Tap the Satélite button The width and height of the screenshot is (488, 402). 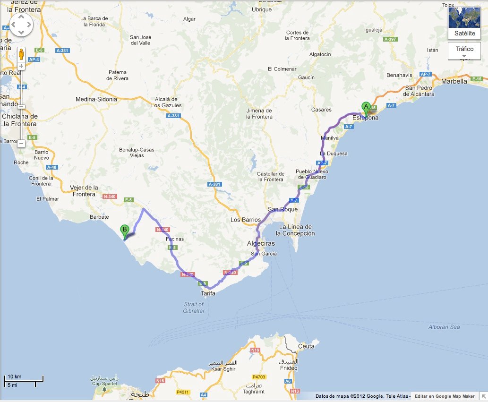pos(464,23)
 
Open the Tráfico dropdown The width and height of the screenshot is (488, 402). pos(464,51)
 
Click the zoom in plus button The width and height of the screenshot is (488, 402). pos(21,66)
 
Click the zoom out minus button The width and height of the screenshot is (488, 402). pos(21,143)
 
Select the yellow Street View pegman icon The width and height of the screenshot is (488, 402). pos(21,53)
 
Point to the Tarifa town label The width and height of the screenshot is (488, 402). pos(208,293)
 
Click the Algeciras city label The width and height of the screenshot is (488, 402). pos(261,243)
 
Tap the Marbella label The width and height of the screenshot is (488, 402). pos(454,81)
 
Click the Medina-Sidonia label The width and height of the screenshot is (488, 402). pos(96,100)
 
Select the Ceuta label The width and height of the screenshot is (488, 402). pos(307,346)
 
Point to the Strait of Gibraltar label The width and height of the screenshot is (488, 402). pos(194,307)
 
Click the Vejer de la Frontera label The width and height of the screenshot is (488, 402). pos(84,190)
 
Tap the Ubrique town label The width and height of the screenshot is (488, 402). pos(262,9)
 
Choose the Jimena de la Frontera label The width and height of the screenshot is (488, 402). pos(259,113)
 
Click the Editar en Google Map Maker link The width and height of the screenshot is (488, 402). pos(445,396)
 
